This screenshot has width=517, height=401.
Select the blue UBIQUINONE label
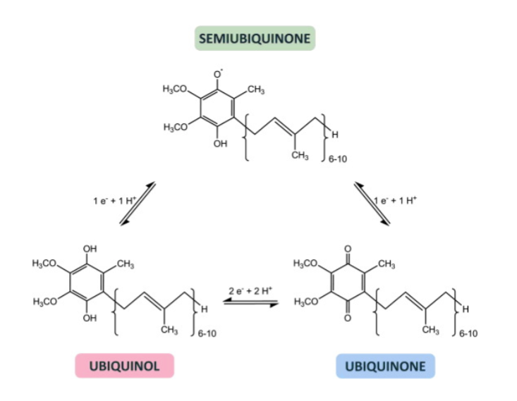385,366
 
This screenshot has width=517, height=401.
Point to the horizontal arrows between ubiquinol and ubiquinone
250,303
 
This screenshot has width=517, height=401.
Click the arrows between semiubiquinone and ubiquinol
138,204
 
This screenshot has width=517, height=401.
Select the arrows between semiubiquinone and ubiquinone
372,204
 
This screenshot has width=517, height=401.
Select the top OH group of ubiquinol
90,249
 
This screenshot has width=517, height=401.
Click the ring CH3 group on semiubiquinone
256,90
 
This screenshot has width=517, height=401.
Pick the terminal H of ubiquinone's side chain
466,309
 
